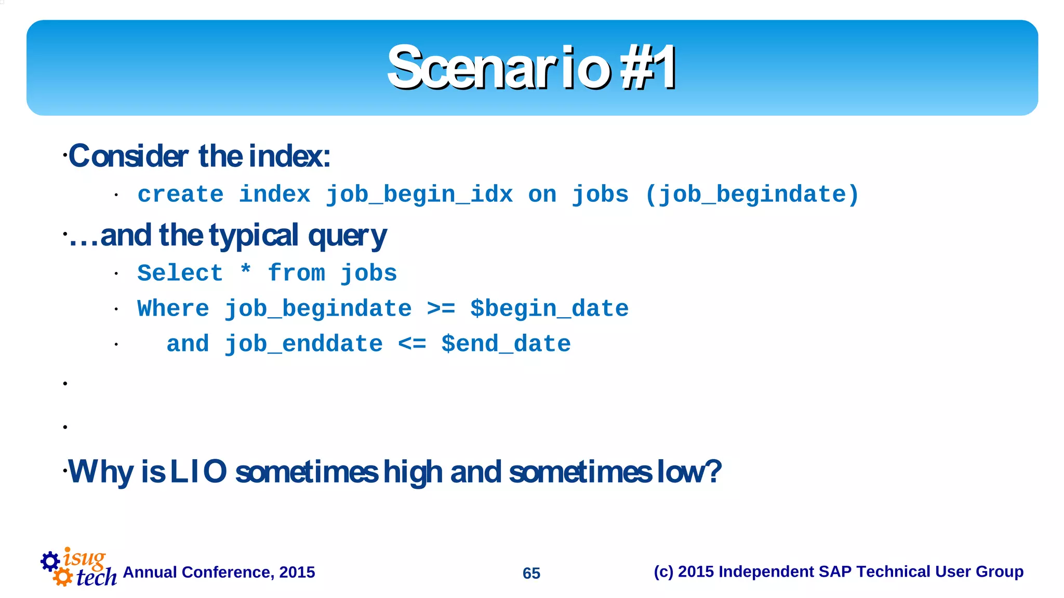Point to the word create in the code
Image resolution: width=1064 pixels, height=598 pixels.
[180, 194]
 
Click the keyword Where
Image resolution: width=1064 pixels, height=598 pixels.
[173, 308]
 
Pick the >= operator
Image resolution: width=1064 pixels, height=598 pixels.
[441, 308]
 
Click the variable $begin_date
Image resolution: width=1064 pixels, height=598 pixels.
[549, 309]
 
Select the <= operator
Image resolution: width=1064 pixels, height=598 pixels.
[412, 344]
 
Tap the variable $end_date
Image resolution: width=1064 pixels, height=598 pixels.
[506, 344]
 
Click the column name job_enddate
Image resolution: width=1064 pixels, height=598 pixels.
[303, 344]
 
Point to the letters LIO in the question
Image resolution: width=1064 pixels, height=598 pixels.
[198, 472]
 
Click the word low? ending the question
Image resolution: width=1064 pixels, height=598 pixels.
[689, 472]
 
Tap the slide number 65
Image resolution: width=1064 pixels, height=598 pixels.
[531, 573]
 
